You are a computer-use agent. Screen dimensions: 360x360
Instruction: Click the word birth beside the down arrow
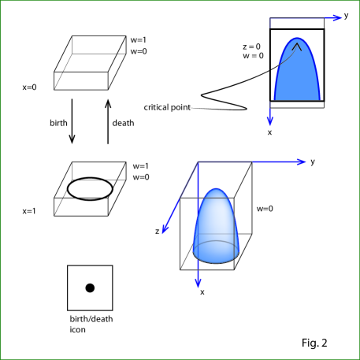58,123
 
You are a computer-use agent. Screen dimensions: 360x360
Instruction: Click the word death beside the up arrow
123,123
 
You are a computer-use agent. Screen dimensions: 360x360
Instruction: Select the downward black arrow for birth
72,121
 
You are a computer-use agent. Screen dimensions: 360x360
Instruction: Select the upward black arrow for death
108,121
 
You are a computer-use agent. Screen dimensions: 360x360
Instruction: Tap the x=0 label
29,87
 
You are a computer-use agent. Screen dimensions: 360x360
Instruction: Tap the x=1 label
29,211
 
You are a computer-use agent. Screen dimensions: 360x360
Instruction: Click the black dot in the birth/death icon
90,288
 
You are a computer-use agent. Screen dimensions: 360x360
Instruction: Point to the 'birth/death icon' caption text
91,324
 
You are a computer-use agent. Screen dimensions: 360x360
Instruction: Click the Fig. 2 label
314,343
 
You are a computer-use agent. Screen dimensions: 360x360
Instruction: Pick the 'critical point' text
167,107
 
